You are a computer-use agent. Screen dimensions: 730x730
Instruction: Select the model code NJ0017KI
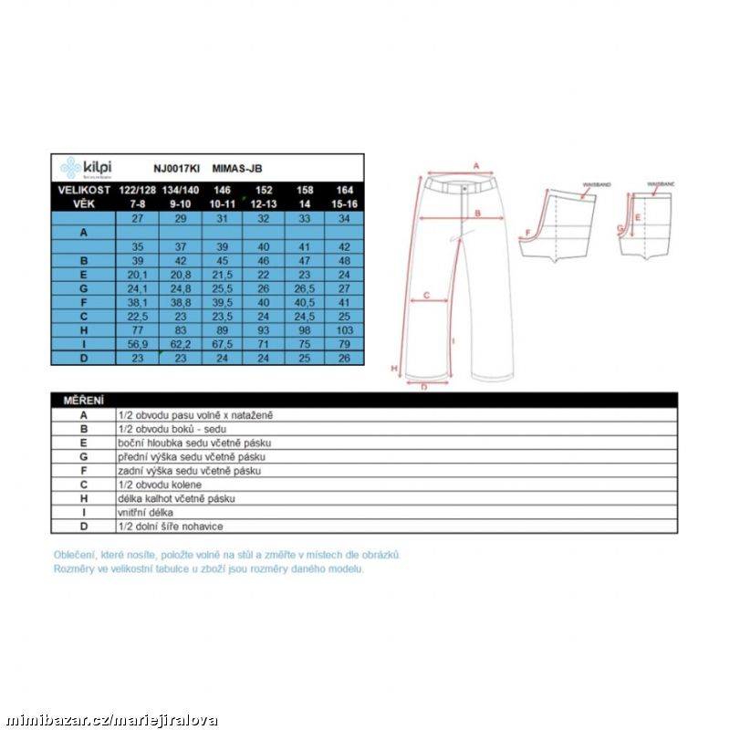click(x=171, y=169)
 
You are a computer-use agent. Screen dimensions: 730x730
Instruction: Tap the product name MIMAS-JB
click(x=237, y=169)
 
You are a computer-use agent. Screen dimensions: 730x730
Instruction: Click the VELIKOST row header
click(x=83, y=190)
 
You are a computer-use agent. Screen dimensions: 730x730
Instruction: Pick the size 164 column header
click(x=344, y=190)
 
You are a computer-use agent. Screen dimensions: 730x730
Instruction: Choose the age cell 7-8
click(x=138, y=203)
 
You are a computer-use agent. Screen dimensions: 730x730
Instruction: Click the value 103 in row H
click(x=344, y=329)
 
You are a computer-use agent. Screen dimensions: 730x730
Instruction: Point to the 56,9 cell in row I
click(x=138, y=344)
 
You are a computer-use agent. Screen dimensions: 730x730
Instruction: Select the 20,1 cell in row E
click(x=138, y=274)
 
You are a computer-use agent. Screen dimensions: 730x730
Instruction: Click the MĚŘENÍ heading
click(x=83, y=401)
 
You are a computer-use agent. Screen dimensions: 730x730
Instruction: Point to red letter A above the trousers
click(x=475, y=166)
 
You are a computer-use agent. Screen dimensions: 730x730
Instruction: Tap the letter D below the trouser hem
click(x=424, y=387)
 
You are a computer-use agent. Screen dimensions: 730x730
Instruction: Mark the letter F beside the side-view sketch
click(x=527, y=233)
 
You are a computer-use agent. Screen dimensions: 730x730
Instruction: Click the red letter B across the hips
click(x=477, y=214)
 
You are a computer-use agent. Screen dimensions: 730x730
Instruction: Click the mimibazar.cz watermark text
click(x=109, y=720)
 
